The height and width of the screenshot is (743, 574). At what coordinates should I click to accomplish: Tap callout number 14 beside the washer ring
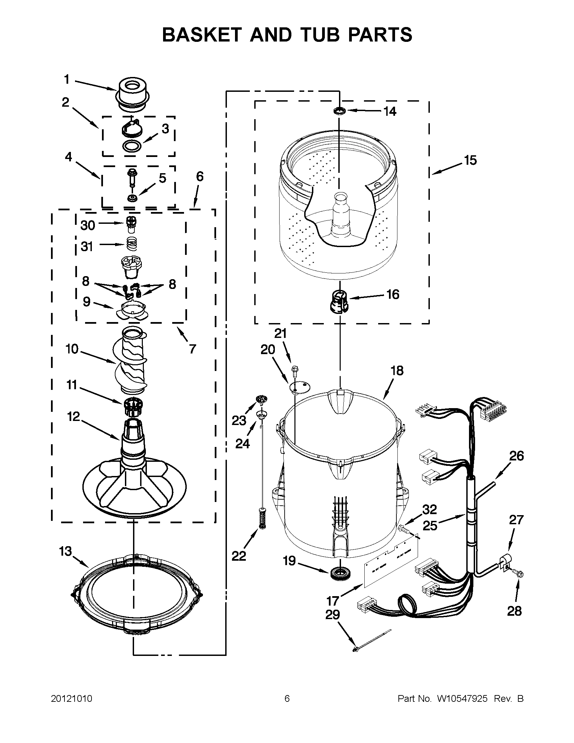(390, 111)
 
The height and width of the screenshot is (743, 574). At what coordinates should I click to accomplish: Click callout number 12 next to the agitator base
(74, 416)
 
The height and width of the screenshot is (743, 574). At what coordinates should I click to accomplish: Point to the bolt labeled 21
(295, 369)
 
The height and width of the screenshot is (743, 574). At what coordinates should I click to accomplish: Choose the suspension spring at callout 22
(262, 519)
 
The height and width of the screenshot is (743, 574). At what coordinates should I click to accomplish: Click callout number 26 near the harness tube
(516, 455)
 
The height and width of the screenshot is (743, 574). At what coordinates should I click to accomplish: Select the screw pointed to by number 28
(520, 574)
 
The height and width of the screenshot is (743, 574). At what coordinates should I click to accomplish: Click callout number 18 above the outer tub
(397, 370)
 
